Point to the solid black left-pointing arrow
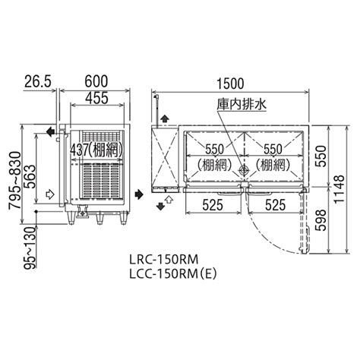[50, 132]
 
